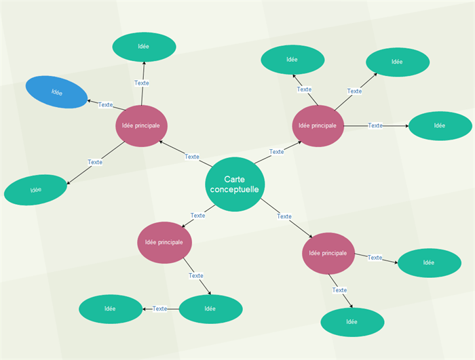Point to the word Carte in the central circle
point(234,178)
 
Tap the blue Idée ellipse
point(57,92)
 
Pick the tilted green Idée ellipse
point(36,190)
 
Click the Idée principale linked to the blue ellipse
point(141,125)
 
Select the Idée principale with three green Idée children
point(318,125)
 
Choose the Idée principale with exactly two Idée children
point(328,253)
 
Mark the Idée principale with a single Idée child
point(165,242)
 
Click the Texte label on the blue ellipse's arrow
point(105,104)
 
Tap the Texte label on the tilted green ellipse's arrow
point(95,162)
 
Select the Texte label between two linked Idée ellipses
point(159,308)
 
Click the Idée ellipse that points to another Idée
point(210,308)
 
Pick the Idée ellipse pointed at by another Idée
point(111,308)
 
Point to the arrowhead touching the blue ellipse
point(89,101)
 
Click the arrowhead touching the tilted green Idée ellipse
point(68,182)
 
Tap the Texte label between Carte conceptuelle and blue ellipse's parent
point(192,157)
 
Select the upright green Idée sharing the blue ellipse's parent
point(144,46)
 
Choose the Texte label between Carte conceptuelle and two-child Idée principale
point(284,216)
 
